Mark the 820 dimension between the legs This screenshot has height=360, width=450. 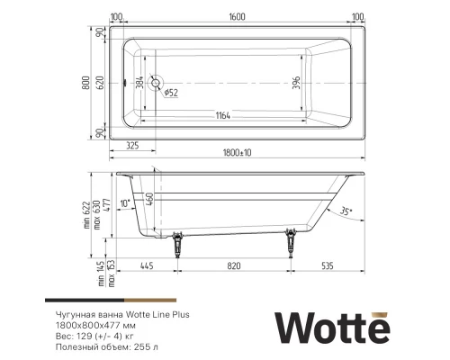pos(233,267)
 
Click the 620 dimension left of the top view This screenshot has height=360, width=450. pos(101,84)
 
